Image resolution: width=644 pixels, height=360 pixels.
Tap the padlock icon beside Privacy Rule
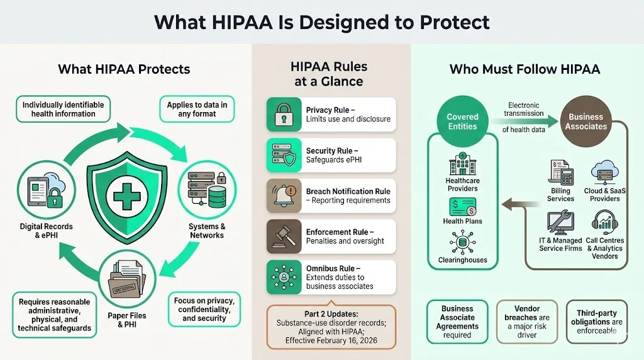(x=280, y=114)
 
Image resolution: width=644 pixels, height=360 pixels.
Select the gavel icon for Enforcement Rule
(x=280, y=236)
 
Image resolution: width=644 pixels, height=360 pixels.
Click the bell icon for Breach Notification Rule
(x=280, y=196)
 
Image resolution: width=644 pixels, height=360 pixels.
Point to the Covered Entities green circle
(x=462, y=121)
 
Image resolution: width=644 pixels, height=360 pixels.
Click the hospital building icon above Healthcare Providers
(x=462, y=165)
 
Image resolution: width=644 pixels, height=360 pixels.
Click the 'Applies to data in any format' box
(x=197, y=109)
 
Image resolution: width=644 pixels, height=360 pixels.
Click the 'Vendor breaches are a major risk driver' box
(x=528, y=322)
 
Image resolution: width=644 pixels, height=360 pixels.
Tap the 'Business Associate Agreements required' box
(x=457, y=322)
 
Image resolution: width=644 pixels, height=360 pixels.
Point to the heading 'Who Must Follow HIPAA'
(x=525, y=69)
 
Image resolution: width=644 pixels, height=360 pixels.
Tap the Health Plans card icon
(x=462, y=206)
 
